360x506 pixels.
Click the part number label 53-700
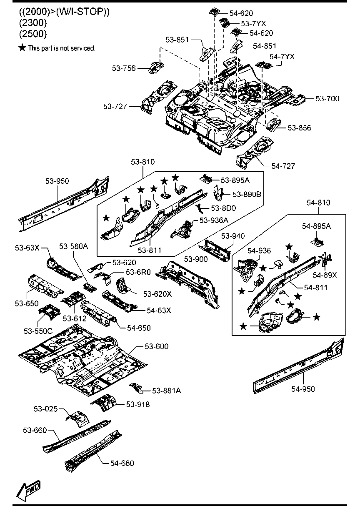click(327, 99)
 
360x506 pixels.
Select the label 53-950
click(57, 180)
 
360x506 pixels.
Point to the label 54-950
click(303, 389)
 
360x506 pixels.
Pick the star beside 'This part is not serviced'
click(22, 48)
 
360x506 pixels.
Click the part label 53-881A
click(166, 391)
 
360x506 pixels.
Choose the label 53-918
click(138, 404)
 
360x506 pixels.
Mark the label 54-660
click(122, 463)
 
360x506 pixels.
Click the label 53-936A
click(213, 220)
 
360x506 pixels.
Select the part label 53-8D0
click(224, 208)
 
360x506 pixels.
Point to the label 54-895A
click(317, 225)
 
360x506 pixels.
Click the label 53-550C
click(38, 331)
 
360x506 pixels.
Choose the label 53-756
click(124, 68)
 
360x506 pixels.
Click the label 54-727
click(283, 166)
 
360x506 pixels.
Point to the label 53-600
click(157, 346)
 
